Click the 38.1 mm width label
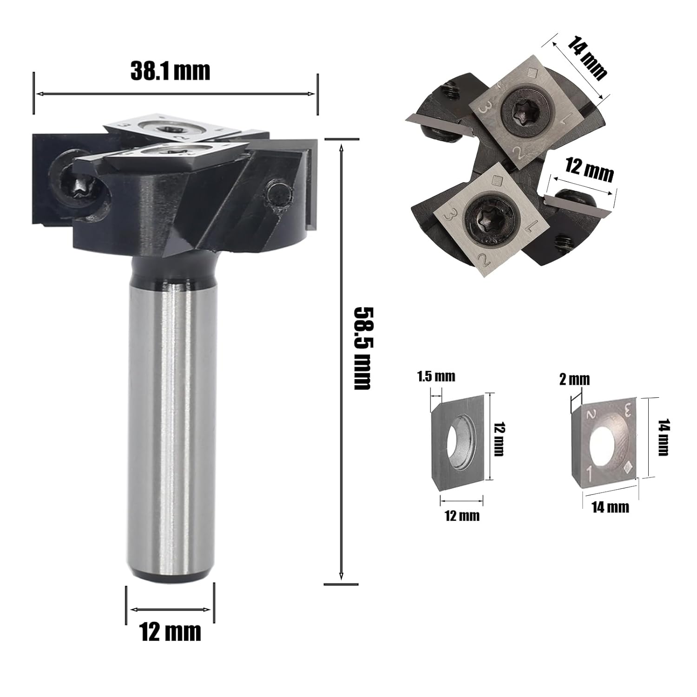point(170,71)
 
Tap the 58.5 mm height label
point(363,348)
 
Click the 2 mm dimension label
point(574,380)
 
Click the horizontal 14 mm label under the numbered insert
point(610,506)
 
